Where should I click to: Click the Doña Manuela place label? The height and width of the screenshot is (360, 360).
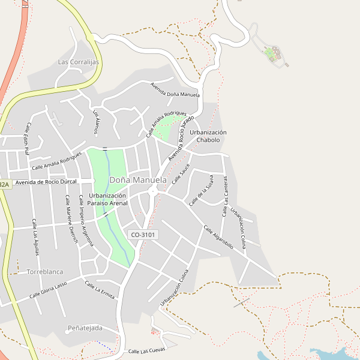[x=138, y=180]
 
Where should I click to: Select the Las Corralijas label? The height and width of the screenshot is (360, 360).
[x=79, y=62]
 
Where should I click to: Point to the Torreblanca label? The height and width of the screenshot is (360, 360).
[x=45, y=272]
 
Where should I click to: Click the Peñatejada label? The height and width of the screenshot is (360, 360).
[x=85, y=328]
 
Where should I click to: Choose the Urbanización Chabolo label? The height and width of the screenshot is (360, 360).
[x=208, y=136]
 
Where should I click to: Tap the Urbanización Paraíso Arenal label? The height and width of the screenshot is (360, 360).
[x=107, y=199]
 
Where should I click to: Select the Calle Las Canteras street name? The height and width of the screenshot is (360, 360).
[x=226, y=198]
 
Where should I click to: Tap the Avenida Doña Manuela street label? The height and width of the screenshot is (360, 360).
[x=175, y=90]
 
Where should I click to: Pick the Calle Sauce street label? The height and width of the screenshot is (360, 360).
[x=181, y=173]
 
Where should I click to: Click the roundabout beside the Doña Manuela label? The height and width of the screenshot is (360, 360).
[x=152, y=191]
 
